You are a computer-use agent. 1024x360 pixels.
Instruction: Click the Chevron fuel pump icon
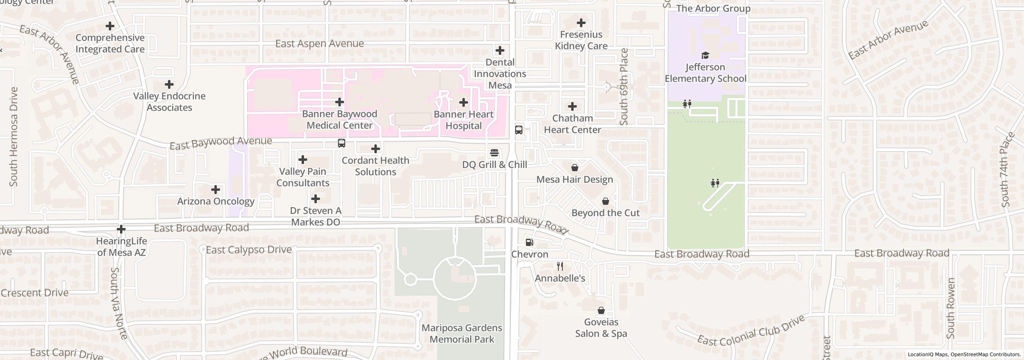529,242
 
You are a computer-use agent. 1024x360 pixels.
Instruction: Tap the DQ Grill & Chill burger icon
494,153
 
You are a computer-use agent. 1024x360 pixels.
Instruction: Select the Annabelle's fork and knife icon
560,266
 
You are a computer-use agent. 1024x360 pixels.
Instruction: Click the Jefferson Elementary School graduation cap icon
705,55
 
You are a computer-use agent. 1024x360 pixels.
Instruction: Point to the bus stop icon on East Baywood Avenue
341,143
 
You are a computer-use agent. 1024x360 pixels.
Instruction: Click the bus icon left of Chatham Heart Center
518,130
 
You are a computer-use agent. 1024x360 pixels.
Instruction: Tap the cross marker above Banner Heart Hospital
463,103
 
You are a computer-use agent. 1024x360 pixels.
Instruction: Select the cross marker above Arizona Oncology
216,190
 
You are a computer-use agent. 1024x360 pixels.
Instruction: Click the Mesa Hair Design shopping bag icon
574,168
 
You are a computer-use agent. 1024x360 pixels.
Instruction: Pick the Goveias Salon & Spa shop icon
601,310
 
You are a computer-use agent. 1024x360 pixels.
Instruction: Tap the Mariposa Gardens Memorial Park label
462,334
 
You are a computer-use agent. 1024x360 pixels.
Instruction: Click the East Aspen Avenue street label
319,44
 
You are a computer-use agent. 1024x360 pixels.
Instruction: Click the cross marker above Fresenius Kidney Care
581,23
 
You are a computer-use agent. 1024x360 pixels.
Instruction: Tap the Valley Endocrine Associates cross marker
169,84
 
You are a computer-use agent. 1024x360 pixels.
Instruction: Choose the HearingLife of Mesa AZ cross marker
121,229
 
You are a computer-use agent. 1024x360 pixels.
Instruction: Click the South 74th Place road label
1008,170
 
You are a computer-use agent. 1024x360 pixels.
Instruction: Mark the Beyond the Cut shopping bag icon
606,201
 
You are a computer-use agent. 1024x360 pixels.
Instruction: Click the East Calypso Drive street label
248,250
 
